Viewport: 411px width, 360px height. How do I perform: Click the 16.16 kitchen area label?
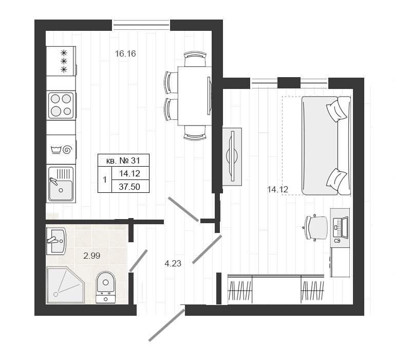(125, 54)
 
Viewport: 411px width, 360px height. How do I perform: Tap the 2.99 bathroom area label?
(92, 256)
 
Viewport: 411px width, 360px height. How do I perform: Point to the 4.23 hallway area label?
(173, 263)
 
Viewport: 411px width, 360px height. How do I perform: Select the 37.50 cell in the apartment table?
(129, 187)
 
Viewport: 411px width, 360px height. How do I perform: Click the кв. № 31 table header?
(123, 160)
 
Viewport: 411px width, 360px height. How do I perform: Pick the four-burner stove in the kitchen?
(61, 105)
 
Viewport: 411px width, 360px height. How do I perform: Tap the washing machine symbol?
(61, 150)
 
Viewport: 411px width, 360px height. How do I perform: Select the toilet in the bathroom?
(105, 287)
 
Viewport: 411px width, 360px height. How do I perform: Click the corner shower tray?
(64, 285)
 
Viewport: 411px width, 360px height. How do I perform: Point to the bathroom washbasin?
(56, 241)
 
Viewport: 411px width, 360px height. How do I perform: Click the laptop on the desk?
(340, 228)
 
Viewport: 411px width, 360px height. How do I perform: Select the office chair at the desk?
(315, 227)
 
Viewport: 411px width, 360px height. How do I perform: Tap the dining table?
(195, 96)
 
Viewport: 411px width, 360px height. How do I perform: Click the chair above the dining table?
(195, 59)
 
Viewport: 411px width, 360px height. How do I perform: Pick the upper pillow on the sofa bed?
(337, 110)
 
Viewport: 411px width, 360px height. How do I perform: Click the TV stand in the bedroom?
(232, 157)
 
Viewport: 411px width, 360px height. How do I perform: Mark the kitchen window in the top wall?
(141, 25)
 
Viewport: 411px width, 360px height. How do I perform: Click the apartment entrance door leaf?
(167, 325)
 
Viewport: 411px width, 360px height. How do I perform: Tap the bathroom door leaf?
(138, 260)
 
